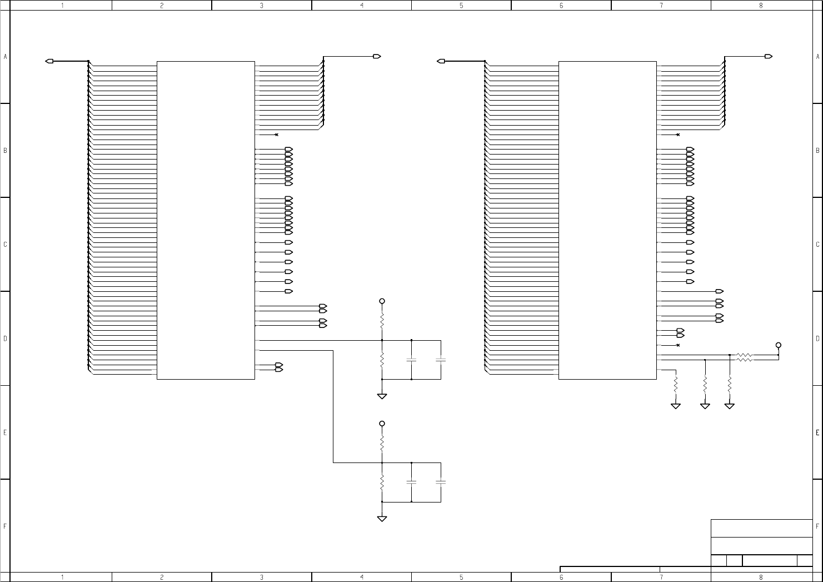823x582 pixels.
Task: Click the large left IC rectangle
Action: pyautogui.click(x=157, y=221)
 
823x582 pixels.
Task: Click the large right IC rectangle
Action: pyautogui.click(x=559, y=221)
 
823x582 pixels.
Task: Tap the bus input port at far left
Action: pyautogui.click(x=49, y=61)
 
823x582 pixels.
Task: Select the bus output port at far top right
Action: pyautogui.click(x=768, y=56)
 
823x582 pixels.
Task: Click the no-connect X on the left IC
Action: pyautogui.click(x=277, y=135)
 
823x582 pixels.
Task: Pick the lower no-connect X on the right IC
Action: pyautogui.click(x=679, y=345)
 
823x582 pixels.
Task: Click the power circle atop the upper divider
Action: pyautogui.click(x=382, y=301)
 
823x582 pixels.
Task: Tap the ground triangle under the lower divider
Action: pyautogui.click(x=382, y=519)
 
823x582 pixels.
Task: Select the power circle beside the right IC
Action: pyautogui.click(x=778, y=345)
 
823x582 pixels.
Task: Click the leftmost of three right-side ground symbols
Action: pyautogui.click(x=676, y=406)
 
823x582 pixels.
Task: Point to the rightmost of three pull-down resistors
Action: pyautogui.click(x=729, y=385)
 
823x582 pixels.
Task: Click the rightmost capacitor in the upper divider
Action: pyautogui.click(x=441, y=360)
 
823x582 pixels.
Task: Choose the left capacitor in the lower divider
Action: pyautogui.click(x=411, y=482)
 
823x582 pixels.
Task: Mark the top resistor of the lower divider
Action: pyautogui.click(x=382, y=444)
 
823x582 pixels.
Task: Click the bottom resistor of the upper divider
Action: pyautogui.click(x=382, y=359)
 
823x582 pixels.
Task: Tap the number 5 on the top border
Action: pyautogui.click(x=461, y=6)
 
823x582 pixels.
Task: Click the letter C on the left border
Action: pyautogui.click(x=5, y=245)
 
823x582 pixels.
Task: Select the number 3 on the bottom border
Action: pyautogui.click(x=262, y=577)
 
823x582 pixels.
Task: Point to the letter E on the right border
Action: pyautogui.click(x=818, y=433)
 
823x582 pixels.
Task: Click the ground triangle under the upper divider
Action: pyautogui.click(x=382, y=396)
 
